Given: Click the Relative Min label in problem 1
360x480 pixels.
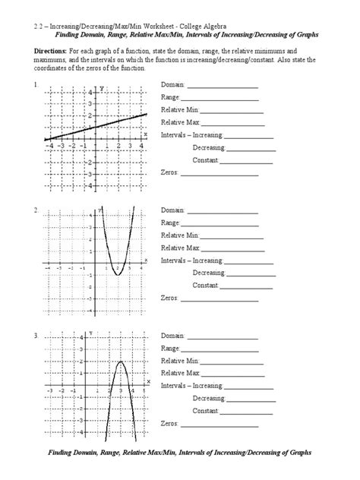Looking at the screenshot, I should (180, 110).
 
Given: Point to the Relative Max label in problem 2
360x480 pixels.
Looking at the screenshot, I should (180, 248).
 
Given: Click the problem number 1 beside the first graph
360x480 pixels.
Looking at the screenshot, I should (36, 85).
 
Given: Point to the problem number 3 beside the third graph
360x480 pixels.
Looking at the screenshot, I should (36, 335).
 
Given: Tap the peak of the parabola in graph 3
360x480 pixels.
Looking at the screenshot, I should (120, 362).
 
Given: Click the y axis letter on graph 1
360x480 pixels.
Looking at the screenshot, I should (101, 90).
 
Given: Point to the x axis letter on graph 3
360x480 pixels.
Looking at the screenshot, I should (148, 381).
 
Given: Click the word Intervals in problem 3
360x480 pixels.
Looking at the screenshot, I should (175, 386).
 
